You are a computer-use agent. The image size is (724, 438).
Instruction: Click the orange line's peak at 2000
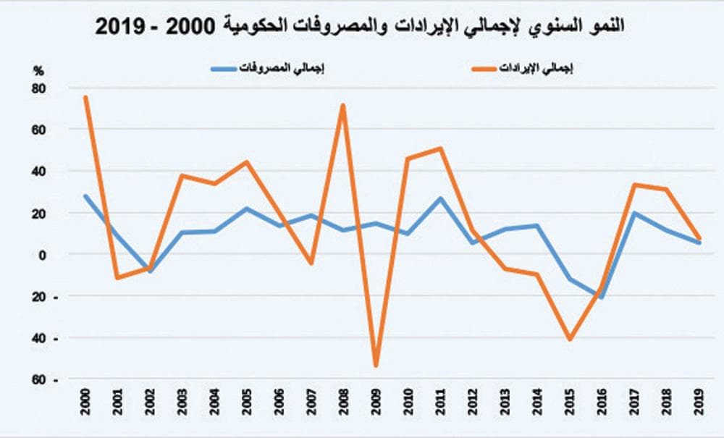tap(85, 97)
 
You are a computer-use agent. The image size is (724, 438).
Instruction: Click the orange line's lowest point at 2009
tap(376, 365)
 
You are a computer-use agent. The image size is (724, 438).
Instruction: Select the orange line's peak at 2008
tap(343, 106)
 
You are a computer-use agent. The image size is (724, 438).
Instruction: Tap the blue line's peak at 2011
tap(441, 198)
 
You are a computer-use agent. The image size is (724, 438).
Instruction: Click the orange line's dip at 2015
tap(570, 339)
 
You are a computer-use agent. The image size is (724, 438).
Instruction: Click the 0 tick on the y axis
tap(42, 255)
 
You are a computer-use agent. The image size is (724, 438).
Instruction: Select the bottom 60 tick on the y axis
tap(38, 380)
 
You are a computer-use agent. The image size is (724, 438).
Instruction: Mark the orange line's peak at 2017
tap(634, 185)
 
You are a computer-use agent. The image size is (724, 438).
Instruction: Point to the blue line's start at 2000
tap(85, 195)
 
